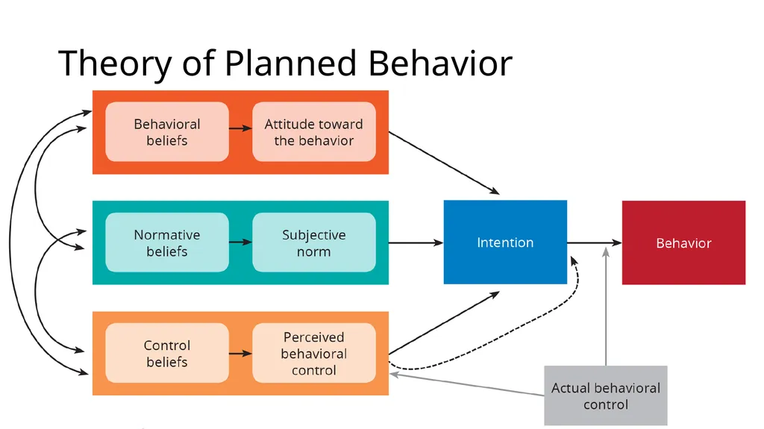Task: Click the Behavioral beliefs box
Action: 167,131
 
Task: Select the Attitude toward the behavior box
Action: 314,131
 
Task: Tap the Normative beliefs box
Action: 167,242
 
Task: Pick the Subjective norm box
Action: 314,242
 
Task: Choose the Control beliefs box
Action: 167,353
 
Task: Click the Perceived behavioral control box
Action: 314,353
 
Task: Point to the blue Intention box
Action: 505,242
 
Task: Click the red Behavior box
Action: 683,242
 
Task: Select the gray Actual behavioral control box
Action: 606,396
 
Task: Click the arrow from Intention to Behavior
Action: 595,242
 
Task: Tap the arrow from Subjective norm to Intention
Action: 416,242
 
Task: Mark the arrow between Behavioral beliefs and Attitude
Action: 241,128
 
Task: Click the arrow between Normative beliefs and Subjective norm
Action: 241,242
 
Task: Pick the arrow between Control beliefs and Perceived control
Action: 241,353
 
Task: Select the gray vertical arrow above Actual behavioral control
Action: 606,306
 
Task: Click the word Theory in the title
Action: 115,64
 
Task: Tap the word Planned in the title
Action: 290,64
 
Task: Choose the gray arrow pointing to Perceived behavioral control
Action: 467,385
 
